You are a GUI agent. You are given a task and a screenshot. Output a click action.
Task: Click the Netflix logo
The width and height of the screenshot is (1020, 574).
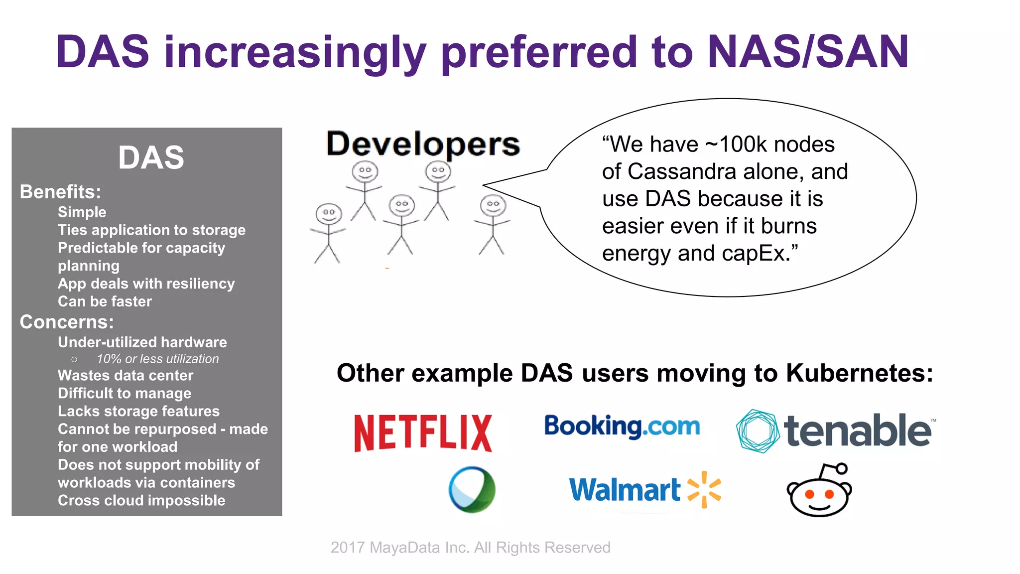coord(423,433)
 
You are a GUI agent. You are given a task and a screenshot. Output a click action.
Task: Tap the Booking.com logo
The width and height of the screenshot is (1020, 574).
coord(622,427)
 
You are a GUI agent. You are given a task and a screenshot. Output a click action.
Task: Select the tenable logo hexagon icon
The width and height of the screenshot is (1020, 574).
coord(758,431)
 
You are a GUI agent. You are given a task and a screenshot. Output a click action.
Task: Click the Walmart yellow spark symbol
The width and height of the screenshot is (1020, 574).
coord(704,489)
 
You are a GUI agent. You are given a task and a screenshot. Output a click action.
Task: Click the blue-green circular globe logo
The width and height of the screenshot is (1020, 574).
coord(472,489)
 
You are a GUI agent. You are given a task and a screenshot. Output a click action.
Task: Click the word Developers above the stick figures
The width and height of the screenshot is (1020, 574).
coord(423,144)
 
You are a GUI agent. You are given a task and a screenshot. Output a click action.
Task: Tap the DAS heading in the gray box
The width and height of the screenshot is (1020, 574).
coord(151,157)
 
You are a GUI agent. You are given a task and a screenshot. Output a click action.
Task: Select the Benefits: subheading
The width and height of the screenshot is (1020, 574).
coord(60,192)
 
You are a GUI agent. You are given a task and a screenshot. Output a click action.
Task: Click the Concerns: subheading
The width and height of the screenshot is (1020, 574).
coord(67,322)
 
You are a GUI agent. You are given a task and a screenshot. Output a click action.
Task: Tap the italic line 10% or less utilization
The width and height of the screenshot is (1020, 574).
coord(157,359)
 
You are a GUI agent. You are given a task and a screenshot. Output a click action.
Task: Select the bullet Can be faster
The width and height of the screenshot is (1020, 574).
coord(105,301)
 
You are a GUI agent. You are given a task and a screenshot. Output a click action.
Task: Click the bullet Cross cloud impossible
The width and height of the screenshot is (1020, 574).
coord(141,500)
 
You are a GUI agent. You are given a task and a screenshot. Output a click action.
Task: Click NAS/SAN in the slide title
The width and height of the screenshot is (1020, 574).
coord(808,52)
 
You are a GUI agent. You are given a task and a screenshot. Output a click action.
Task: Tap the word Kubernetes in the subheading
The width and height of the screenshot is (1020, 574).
coord(859,373)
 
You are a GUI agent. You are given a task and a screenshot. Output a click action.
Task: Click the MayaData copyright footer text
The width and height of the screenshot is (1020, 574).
coord(470,548)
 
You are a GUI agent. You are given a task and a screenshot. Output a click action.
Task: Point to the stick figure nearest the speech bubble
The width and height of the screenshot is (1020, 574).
coord(493,224)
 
